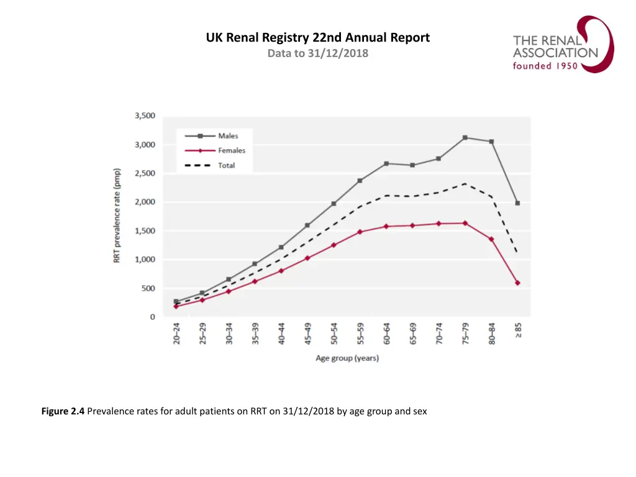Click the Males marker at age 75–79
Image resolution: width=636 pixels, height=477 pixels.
tap(465, 137)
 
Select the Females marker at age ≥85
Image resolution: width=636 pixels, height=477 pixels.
tap(517, 283)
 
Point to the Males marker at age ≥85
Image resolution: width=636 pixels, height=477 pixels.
tap(517, 203)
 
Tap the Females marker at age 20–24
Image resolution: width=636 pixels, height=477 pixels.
tap(176, 306)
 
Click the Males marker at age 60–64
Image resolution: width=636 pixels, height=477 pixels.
tap(386, 163)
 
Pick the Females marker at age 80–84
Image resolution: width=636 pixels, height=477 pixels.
tap(491, 239)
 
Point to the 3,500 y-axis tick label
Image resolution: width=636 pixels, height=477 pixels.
tap(145, 116)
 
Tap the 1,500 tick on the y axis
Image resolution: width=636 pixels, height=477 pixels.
tap(145, 231)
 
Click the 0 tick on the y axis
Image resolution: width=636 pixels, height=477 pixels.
tap(152, 317)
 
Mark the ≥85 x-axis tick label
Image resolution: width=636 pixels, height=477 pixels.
tap(518, 330)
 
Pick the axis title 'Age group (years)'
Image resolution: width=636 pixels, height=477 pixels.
tap(347, 358)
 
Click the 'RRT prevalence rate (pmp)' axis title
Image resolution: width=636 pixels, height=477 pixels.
tap(117, 216)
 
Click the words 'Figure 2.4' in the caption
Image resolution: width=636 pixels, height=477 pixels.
tap(63, 411)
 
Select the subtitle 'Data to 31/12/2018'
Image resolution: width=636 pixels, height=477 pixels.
tap(317, 53)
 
